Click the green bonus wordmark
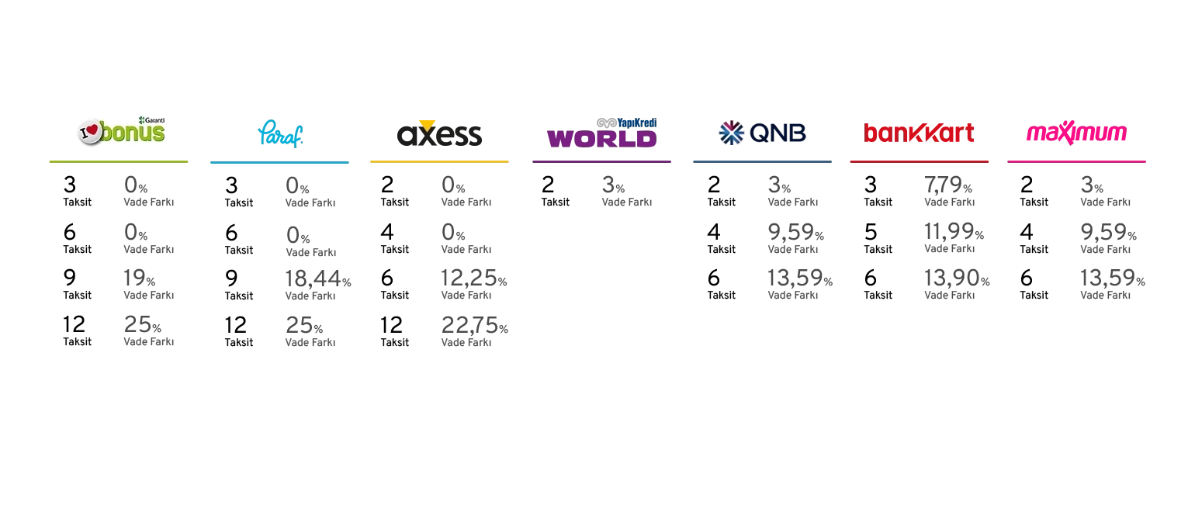[x=133, y=133]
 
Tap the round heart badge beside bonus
[x=90, y=133]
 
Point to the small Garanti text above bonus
[x=153, y=119]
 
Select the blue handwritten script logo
[x=279, y=134]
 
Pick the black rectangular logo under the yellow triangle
[x=440, y=137]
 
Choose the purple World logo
[x=601, y=139]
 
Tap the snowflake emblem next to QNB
[x=731, y=133]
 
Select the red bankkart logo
[x=918, y=132]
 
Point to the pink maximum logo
[x=1076, y=133]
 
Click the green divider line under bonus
[x=118, y=161]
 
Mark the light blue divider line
[x=279, y=164]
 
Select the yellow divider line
[x=438, y=162]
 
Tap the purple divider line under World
[x=601, y=161]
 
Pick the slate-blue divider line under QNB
[x=760, y=161]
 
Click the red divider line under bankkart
[x=918, y=161]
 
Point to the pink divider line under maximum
[x=1076, y=161]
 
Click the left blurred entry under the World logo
[x=556, y=193]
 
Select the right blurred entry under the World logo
[x=624, y=193]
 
